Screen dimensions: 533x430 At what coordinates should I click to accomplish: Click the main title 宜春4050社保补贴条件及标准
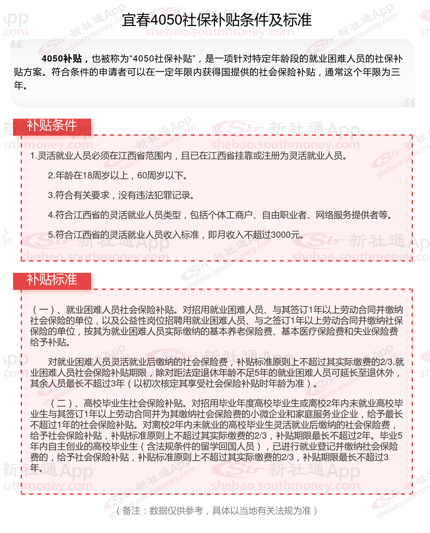click(216, 20)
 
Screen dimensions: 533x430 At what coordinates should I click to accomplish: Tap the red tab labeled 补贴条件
click(52, 126)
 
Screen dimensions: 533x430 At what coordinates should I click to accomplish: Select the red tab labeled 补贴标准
click(52, 280)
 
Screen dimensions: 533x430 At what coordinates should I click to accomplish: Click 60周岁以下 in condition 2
click(162, 176)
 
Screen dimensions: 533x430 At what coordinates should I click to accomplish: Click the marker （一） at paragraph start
click(44, 310)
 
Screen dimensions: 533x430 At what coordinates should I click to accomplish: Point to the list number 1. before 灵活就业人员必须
click(33, 156)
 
